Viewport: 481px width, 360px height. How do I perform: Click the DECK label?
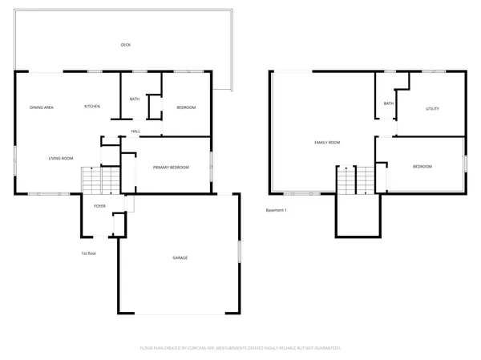coord(126,45)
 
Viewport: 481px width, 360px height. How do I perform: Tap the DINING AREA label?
coord(42,107)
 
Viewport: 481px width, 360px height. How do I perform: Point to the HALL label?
coord(136,131)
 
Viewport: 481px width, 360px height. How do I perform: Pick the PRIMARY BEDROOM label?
coord(172,167)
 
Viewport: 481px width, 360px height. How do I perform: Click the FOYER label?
coord(100,206)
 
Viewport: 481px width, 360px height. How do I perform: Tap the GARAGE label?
coord(180,258)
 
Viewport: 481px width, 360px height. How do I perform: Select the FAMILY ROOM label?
coord(327,142)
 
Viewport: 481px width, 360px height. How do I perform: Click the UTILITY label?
coord(432,108)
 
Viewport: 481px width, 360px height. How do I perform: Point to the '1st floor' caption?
coord(89,254)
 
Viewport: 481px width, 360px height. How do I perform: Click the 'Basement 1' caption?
coord(277,211)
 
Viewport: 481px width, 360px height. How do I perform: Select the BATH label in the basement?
coord(388,103)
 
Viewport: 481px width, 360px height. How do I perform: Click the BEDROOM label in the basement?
coord(422,167)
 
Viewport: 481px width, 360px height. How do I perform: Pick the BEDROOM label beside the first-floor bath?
coord(186,107)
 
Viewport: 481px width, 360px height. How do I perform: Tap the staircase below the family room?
coord(356,180)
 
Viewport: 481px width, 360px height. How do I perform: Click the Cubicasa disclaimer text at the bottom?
coord(240,349)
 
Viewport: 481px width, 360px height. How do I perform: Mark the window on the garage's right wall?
coord(238,251)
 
